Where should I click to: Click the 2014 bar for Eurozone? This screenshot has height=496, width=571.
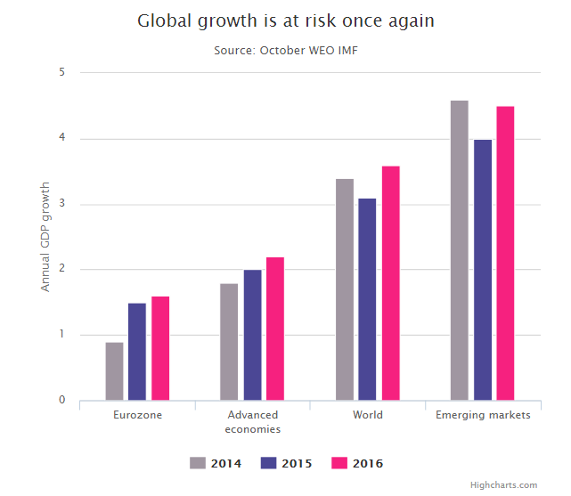[x=114, y=371]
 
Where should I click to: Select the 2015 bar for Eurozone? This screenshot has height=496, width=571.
[x=137, y=352]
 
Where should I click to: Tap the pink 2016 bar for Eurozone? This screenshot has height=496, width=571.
[x=160, y=348]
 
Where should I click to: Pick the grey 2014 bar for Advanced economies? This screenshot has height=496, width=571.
[x=229, y=342]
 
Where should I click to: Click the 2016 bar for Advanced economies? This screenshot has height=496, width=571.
[x=275, y=329]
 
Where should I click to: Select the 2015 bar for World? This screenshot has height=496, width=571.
[x=367, y=299]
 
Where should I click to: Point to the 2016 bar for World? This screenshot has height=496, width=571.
[x=390, y=283]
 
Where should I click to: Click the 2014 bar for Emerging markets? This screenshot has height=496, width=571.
[x=459, y=250]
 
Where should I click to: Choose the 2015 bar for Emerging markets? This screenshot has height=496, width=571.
[x=483, y=270]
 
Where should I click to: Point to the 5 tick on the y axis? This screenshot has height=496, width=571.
[x=62, y=73]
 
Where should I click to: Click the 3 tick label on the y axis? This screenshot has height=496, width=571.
[x=62, y=204]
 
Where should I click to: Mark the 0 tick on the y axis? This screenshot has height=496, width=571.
[x=62, y=400]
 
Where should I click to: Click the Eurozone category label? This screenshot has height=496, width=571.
[x=138, y=416]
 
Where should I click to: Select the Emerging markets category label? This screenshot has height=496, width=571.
[x=483, y=416]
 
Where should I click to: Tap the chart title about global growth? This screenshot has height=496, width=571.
[x=285, y=21]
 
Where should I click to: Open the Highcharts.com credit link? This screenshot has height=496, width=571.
[x=503, y=485]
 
